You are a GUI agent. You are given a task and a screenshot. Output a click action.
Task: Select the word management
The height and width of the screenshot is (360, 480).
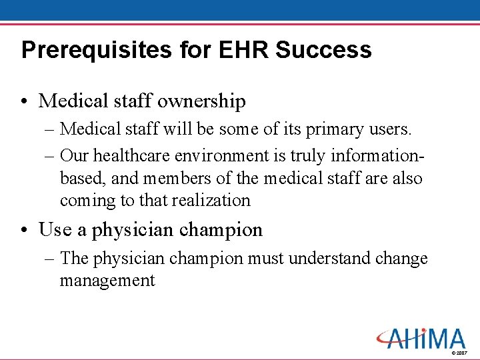(x=107, y=281)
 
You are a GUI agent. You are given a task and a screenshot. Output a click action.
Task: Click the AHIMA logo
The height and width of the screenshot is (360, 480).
(x=421, y=338)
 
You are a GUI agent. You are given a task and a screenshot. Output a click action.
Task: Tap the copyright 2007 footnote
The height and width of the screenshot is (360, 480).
(x=459, y=352)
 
